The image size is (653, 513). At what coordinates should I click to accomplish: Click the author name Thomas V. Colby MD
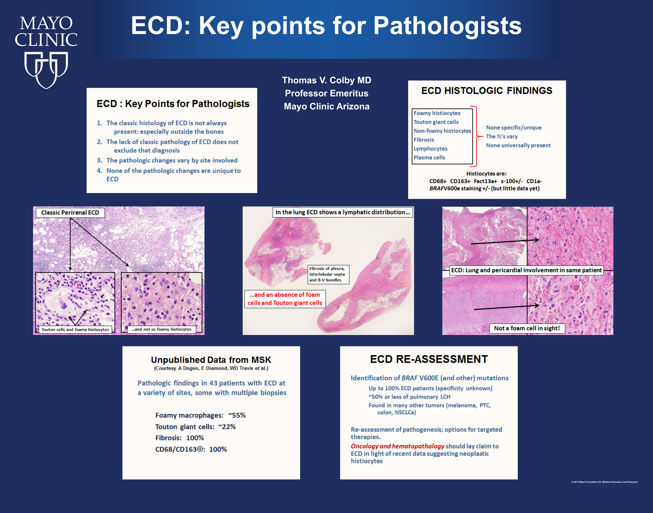[327, 80]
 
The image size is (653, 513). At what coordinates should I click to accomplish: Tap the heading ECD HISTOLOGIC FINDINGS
[487, 91]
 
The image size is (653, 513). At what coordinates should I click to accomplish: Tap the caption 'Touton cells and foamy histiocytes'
[75, 329]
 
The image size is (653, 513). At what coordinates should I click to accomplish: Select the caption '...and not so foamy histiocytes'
[161, 329]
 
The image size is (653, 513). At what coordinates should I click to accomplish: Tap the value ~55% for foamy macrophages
[237, 415]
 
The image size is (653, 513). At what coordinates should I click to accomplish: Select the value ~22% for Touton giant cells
[227, 427]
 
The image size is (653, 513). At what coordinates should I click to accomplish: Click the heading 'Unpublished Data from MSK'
[211, 360]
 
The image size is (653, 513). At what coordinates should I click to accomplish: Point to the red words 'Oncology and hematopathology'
[397, 446]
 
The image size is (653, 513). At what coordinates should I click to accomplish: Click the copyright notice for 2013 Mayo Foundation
[604, 482]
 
